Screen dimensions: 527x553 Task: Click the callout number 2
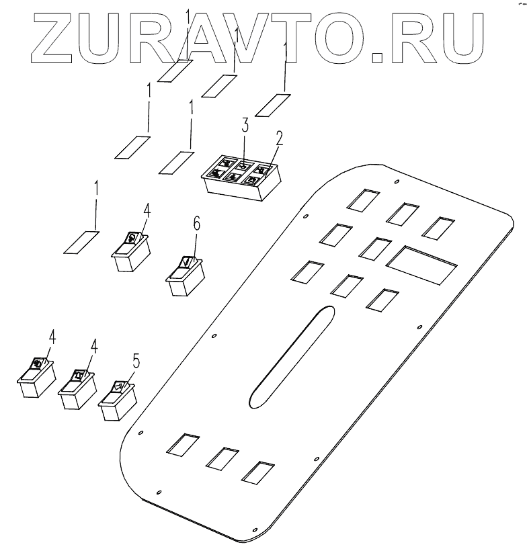[278, 140]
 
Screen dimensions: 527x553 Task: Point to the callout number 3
[245, 126]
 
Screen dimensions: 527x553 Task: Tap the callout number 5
[136, 361]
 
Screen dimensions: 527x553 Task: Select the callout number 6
[196, 224]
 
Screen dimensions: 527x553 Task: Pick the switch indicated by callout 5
[118, 402]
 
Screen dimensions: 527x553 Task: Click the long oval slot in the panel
[290, 355]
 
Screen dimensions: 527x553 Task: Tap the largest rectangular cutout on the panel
[422, 264]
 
